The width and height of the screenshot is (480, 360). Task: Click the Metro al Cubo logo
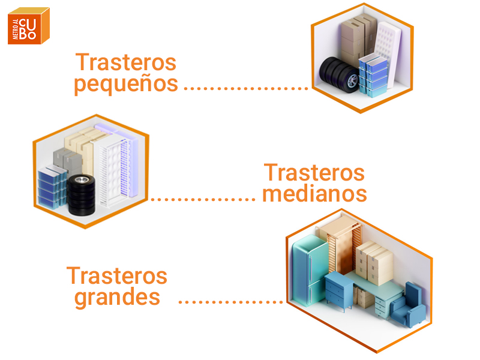pos(29,25)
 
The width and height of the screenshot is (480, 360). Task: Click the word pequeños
pos(126,84)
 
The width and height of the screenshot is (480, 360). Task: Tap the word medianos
pos(315,194)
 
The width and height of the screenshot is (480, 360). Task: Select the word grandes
pos(118,297)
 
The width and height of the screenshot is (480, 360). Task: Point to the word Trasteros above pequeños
pos(126,62)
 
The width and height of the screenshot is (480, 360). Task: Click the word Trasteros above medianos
pos(314,173)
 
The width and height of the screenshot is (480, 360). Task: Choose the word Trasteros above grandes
pos(117,275)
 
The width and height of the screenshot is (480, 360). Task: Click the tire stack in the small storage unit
pos(338,74)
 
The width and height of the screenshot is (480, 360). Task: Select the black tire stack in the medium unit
pos(80,196)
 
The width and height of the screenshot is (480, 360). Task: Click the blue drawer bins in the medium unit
pos(52,187)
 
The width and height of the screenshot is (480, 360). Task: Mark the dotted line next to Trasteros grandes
pos(231,300)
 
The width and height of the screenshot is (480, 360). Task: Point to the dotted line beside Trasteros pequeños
pos(245,88)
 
